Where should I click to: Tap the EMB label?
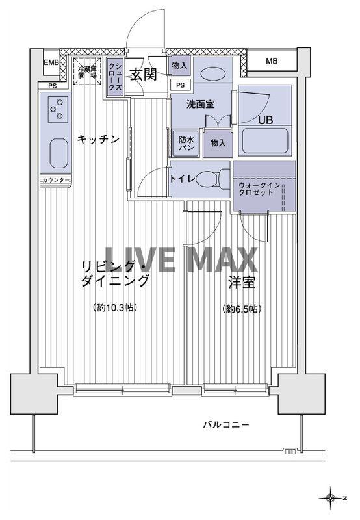[x=51, y=62]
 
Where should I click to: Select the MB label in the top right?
[x=272, y=61]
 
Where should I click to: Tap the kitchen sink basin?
[x=57, y=153]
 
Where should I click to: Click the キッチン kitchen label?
[x=97, y=138]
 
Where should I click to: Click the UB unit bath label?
[x=265, y=120]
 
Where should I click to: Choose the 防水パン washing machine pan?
[x=186, y=142]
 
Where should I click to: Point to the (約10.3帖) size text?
[x=115, y=309]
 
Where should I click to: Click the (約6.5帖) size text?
[x=241, y=309]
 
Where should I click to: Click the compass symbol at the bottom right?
[x=332, y=498]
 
